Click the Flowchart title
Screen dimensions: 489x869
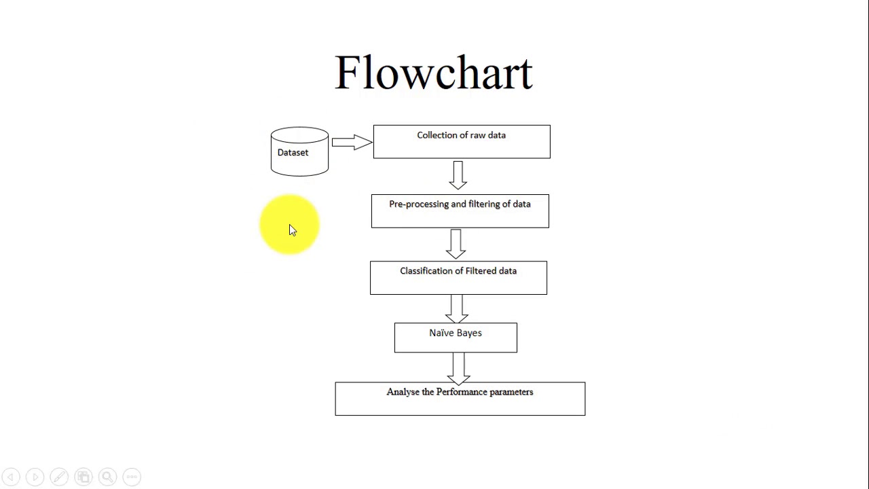(x=434, y=73)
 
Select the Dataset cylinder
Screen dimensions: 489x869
(x=299, y=152)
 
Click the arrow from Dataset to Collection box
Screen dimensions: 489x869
(x=352, y=142)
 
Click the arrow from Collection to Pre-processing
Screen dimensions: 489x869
(x=458, y=175)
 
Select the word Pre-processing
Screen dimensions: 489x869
(x=418, y=204)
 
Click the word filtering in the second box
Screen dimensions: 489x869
(x=484, y=204)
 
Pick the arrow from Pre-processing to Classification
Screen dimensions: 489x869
(x=456, y=243)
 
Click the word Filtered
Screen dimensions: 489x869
(x=481, y=271)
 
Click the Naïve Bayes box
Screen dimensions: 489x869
(x=456, y=338)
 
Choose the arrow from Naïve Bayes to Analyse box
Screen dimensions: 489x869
(x=458, y=368)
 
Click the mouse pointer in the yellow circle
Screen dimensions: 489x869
(x=293, y=230)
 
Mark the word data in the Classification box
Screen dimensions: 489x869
(x=508, y=271)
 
